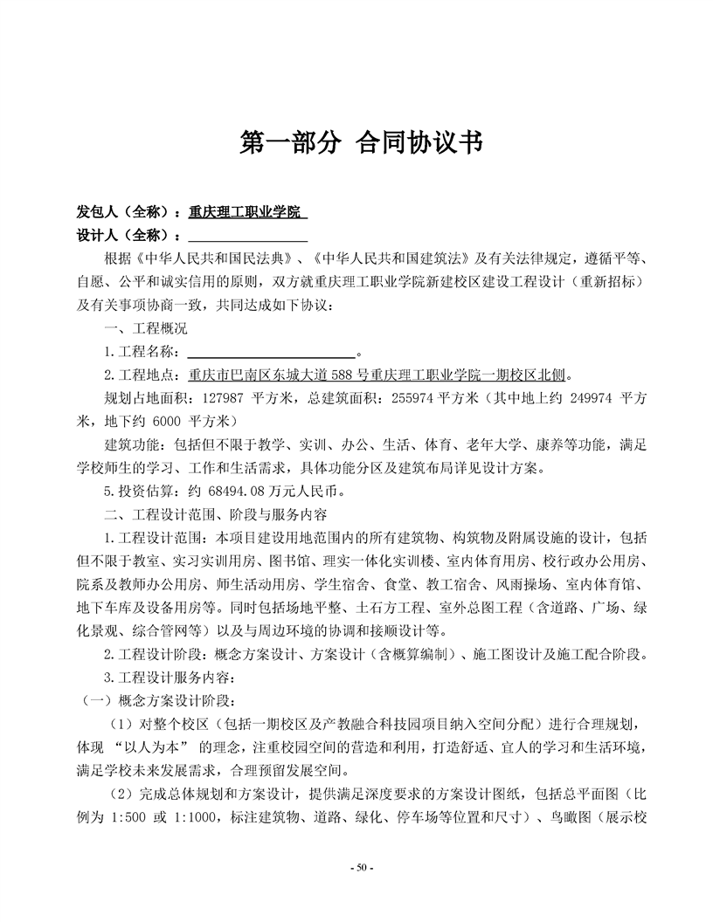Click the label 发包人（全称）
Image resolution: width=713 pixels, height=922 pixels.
127,212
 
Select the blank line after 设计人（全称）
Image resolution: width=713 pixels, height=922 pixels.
247,236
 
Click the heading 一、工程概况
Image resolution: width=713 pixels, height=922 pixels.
145,330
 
